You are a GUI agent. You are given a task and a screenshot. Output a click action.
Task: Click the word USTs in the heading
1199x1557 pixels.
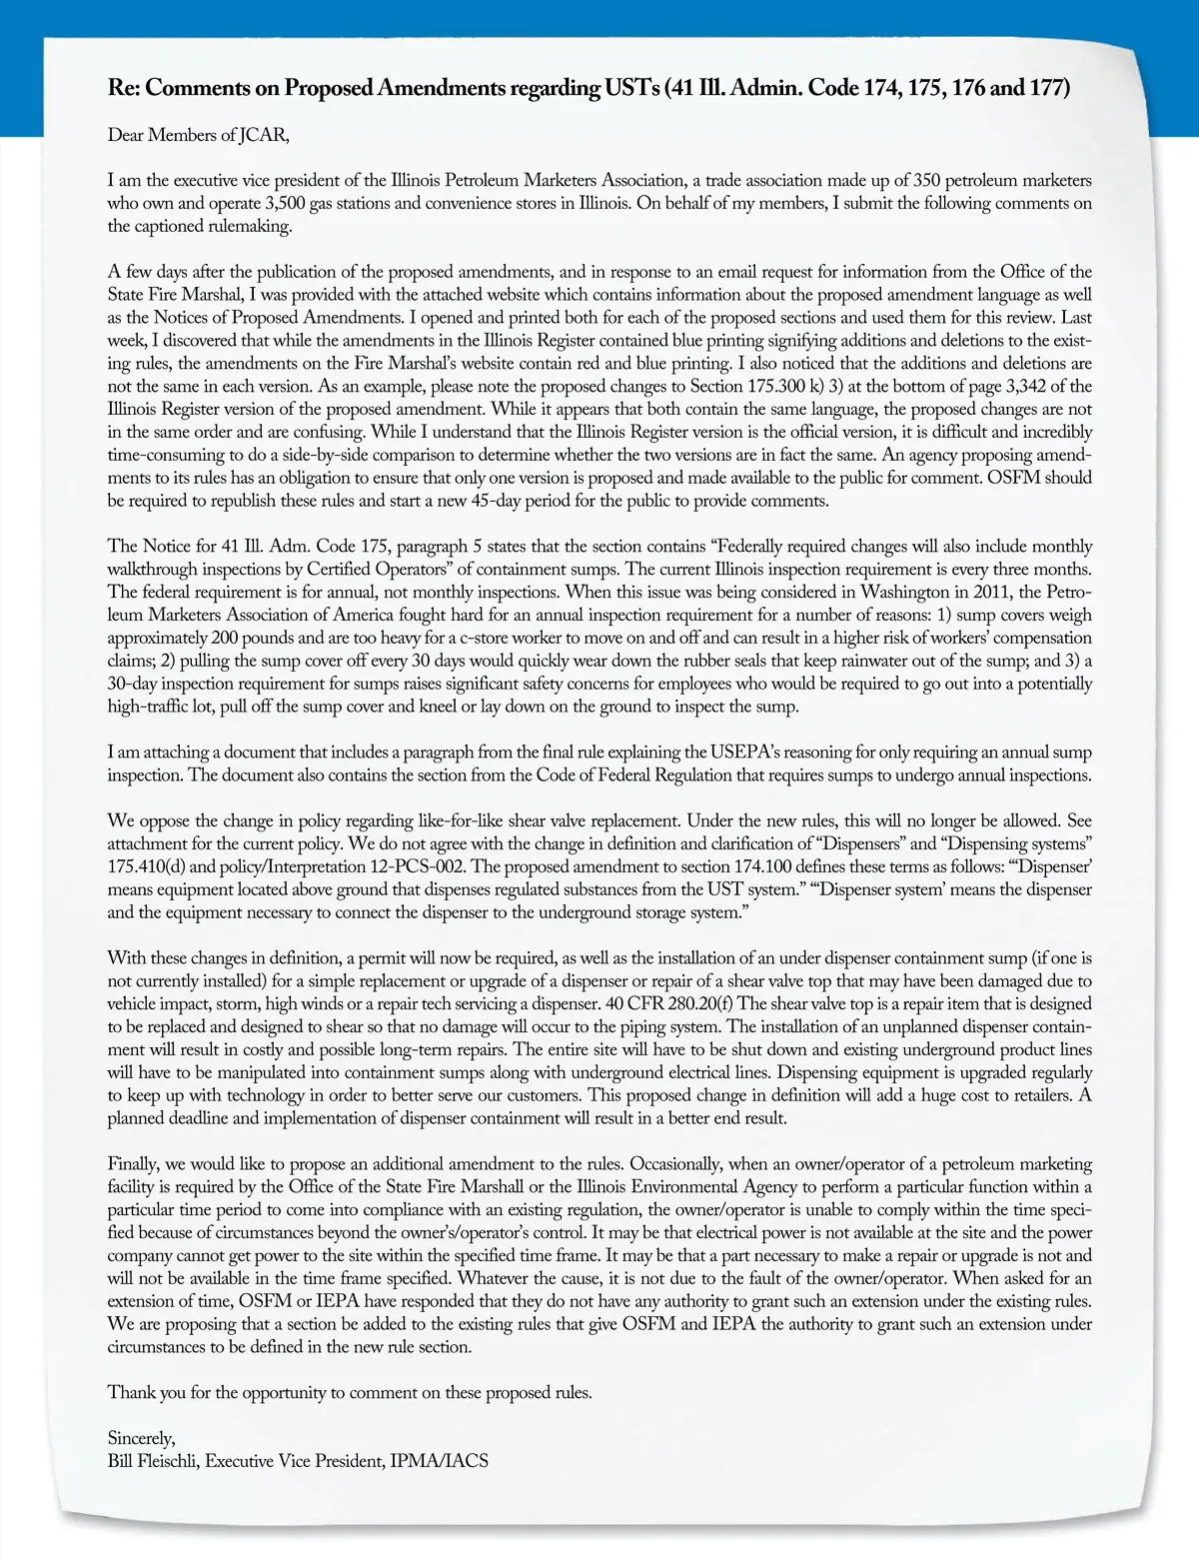point(631,88)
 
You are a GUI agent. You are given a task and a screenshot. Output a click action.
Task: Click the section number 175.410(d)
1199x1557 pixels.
point(146,867)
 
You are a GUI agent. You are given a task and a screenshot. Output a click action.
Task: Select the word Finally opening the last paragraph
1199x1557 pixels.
point(133,1164)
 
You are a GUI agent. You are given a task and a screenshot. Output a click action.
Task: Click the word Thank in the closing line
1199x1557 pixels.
point(131,1393)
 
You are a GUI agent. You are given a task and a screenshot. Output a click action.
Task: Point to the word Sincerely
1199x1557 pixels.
point(141,1439)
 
